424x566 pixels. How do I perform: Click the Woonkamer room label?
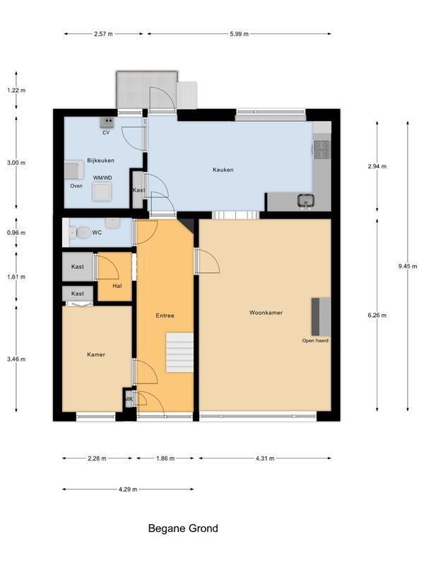pyautogui.click(x=265, y=312)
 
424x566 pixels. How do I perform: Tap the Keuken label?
pyautogui.click(x=223, y=170)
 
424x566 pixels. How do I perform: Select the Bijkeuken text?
pyautogui.click(x=100, y=161)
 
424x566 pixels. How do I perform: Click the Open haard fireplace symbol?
pyautogui.click(x=321, y=316)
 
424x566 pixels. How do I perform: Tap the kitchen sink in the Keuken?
pyautogui.click(x=306, y=200)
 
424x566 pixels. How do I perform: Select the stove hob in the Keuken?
pyautogui.click(x=321, y=149)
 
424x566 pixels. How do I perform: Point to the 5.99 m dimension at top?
pyautogui.click(x=238, y=33)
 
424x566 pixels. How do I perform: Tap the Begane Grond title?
pyautogui.click(x=183, y=529)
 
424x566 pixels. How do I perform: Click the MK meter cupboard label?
pyautogui.click(x=129, y=399)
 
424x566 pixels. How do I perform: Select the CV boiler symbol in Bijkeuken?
pyautogui.click(x=106, y=122)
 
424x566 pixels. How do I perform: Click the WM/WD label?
pyautogui.click(x=102, y=178)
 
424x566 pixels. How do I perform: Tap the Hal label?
pyautogui.click(x=117, y=286)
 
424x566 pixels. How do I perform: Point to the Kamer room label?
pyautogui.click(x=96, y=354)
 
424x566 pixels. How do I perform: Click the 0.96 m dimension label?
pyautogui.click(x=16, y=233)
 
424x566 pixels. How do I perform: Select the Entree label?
pyautogui.click(x=165, y=316)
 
